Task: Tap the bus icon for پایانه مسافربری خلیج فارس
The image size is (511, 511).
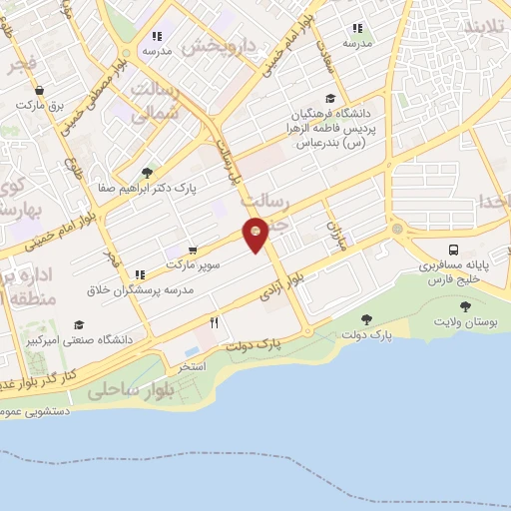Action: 454,250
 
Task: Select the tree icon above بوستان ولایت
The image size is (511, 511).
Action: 465,306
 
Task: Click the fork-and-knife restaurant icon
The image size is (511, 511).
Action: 214,323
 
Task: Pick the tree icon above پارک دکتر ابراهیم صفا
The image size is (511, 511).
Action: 147,172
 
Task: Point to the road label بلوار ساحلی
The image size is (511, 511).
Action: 131,391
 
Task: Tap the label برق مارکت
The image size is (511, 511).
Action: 45,104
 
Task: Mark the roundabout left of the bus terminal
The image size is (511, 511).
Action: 397,231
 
